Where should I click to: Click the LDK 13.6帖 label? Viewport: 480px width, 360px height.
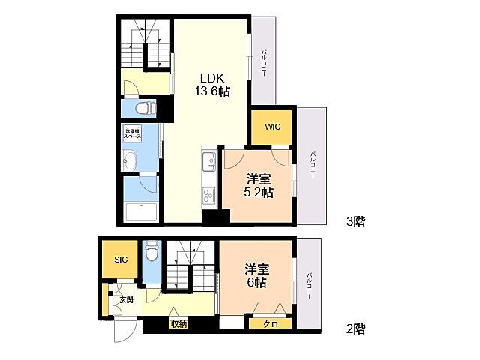tap(214, 83)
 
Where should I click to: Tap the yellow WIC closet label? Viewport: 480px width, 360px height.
tap(272, 127)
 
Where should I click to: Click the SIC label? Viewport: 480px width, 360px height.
tap(121, 259)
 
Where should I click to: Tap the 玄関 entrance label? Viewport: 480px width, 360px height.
tap(125, 300)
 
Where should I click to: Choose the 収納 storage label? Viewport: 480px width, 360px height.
tap(178, 323)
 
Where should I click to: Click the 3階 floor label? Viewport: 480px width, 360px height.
tap(355, 221)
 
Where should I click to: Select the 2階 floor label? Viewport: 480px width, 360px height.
tap(355, 328)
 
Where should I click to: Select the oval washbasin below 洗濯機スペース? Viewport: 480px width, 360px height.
tap(130, 160)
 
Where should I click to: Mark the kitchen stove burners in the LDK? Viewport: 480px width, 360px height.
tap(208, 196)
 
